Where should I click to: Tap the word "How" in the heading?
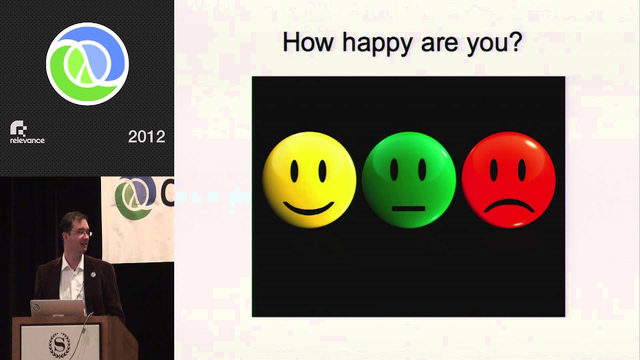tap(307, 42)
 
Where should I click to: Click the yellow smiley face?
tap(309, 179)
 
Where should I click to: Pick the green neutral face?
tap(408, 179)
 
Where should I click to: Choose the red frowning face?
tap(508, 179)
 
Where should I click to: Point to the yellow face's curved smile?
tap(308, 208)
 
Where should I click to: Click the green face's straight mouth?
tap(408, 208)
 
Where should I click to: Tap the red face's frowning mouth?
tap(508, 205)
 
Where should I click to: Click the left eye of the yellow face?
tap(294, 171)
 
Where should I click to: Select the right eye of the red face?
tap(522, 171)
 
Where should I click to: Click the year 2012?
tap(146, 137)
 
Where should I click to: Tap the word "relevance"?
tap(27, 140)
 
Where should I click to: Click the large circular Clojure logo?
tap(87, 64)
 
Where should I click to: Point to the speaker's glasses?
tap(84, 232)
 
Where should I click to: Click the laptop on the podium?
tap(57, 308)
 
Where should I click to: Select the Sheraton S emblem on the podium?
tap(59, 344)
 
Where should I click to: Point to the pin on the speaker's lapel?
tap(93, 274)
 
